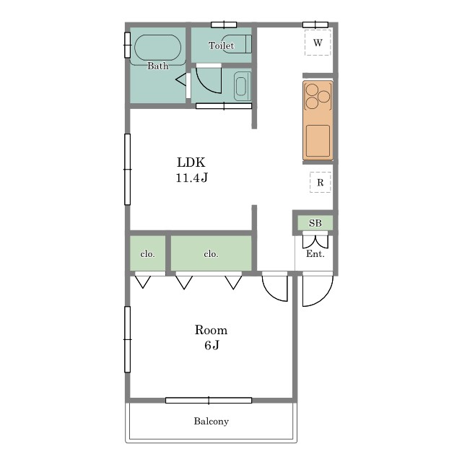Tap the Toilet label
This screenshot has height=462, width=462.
pyautogui.click(x=222, y=45)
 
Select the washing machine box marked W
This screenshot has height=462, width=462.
pyautogui.click(x=318, y=43)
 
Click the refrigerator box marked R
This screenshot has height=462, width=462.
pyautogui.click(x=321, y=183)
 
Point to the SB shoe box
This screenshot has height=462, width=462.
pyautogui.click(x=315, y=223)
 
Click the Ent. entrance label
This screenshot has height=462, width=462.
pyautogui.click(x=315, y=253)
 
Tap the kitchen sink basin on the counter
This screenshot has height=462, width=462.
pyautogui.click(x=318, y=141)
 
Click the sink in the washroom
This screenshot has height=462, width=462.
pyautogui.click(x=242, y=86)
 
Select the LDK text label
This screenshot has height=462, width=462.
pyautogui.click(x=191, y=162)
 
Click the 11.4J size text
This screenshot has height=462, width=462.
pyautogui.click(x=192, y=178)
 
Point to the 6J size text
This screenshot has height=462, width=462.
pyautogui.click(x=212, y=345)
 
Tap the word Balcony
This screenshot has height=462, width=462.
pyautogui.click(x=212, y=422)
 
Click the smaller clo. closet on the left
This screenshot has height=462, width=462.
pyautogui.click(x=147, y=253)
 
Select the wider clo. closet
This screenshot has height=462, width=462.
pyautogui.click(x=212, y=253)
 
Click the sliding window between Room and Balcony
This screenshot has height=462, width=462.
pyautogui.click(x=209, y=400)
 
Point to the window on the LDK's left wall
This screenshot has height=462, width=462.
pyautogui.click(x=127, y=169)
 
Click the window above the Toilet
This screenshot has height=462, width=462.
pyautogui.click(x=224, y=25)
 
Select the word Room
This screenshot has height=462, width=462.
pyautogui.click(x=211, y=330)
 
